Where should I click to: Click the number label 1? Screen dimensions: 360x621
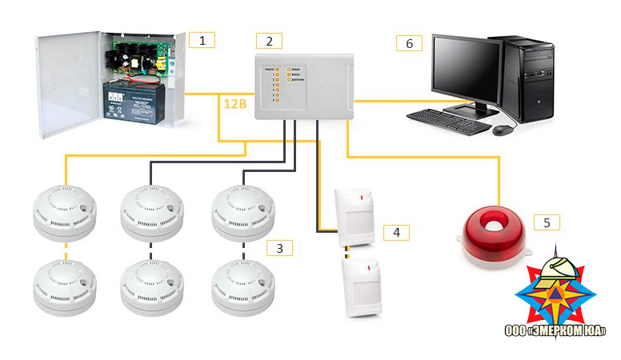(202, 38)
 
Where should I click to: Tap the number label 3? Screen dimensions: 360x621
(278, 248)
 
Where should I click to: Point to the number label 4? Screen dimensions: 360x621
(396, 233)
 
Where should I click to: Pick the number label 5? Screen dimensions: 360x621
(547, 222)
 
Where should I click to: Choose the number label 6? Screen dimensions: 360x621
(409, 43)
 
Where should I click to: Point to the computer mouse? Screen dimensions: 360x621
(501, 128)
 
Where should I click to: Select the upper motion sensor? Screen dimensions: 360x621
(357, 216)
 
